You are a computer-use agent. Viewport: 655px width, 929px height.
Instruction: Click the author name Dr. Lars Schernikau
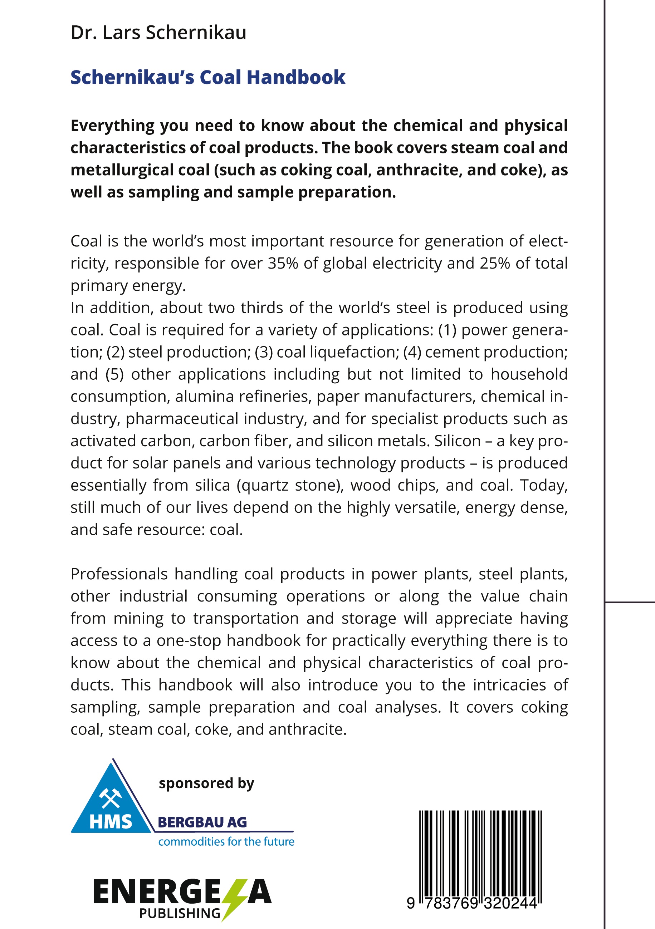158,33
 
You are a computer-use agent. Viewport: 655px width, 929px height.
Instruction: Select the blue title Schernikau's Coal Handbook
208,77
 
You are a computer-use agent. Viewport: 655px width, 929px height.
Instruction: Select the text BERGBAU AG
202,822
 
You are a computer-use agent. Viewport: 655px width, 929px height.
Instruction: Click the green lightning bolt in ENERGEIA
234,899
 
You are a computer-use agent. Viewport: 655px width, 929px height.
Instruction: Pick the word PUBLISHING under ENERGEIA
180,913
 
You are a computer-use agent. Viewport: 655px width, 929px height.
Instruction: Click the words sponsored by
206,783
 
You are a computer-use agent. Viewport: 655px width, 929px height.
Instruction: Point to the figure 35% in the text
283,264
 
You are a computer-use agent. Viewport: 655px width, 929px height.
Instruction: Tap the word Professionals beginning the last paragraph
119,574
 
